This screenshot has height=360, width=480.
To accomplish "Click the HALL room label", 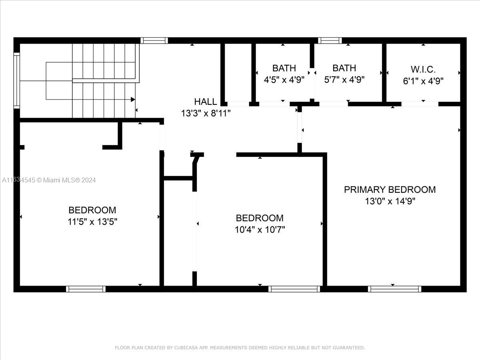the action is (x=205, y=102).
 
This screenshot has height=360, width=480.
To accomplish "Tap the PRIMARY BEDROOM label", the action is (x=390, y=190).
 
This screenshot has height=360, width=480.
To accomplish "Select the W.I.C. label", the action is (x=423, y=70).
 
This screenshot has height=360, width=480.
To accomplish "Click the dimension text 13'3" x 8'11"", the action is (x=206, y=113).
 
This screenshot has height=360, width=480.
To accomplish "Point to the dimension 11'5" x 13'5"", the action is (x=92, y=222).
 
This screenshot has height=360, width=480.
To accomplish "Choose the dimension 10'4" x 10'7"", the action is (x=260, y=230).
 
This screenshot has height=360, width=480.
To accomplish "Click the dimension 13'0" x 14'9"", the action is (x=390, y=201).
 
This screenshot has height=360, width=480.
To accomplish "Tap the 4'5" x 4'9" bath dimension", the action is (x=284, y=80).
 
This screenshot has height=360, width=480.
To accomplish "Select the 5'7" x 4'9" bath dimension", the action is (x=344, y=80).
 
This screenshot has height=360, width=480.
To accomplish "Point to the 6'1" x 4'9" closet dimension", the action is (x=423, y=81).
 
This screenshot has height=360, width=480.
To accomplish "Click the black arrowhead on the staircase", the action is (x=133, y=100).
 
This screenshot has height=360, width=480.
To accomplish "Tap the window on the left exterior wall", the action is (x=17, y=80).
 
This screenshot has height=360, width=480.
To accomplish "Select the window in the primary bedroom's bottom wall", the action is (x=394, y=289).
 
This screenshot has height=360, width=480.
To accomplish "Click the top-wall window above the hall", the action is (x=154, y=40).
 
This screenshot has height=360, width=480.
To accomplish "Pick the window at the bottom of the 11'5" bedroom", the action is (x=86, y=289).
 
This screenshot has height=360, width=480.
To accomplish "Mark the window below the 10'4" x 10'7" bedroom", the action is (x=294, y=289).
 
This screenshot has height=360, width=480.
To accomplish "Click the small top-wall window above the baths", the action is (x=330, y=40).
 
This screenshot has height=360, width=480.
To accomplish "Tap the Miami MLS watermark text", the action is (x=49, y=180).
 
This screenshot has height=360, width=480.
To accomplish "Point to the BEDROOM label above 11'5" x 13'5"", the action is (x=92, y=210).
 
